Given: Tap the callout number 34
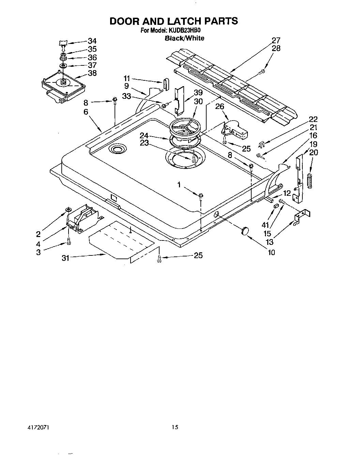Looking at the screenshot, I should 92,41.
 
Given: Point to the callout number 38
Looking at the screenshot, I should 92,73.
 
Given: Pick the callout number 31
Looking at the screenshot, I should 65,258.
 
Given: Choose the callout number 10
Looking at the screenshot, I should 271,252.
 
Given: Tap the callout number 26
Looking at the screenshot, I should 220,107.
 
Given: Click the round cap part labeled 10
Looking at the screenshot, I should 244,231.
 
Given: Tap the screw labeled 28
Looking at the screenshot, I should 261,72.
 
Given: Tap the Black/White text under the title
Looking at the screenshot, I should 184,38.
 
